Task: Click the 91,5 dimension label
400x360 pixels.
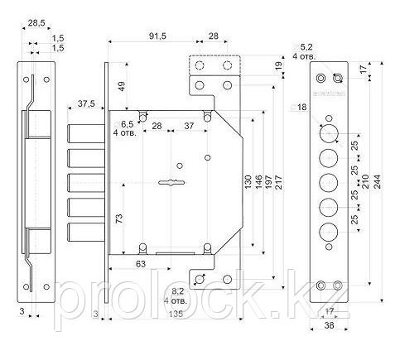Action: tap(157, 36)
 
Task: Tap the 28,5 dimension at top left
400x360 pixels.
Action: tap(36, 23)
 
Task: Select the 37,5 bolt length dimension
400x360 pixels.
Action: tap(86, 103)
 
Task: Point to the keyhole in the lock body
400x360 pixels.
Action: tap(171, 182)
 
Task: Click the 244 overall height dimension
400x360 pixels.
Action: tap(378, 182)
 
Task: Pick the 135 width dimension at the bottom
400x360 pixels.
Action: tap(176, 314)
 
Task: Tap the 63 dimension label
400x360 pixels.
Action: tap(141, 264)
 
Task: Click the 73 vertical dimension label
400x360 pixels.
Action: tap(119, 218)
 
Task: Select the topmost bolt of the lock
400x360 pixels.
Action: tap(86, 134)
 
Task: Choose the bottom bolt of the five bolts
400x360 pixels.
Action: tap(86, 233)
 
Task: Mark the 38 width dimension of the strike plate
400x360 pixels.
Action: tap(329, 325)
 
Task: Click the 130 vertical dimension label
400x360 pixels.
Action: tap(248, 182)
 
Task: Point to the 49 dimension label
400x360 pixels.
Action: tap(122, 86)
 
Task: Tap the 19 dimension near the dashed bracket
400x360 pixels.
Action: tap(279, 65)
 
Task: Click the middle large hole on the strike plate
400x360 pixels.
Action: tap(329, 183)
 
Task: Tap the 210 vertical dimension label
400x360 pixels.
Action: tap(365, 181)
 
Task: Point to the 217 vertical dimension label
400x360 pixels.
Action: tap(279, 182)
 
